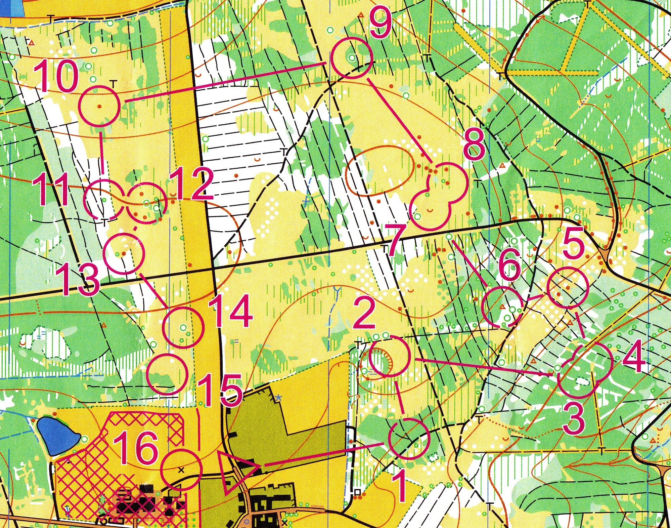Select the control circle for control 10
[99, 106]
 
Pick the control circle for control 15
[167, 373]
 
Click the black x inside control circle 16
[182, 470]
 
